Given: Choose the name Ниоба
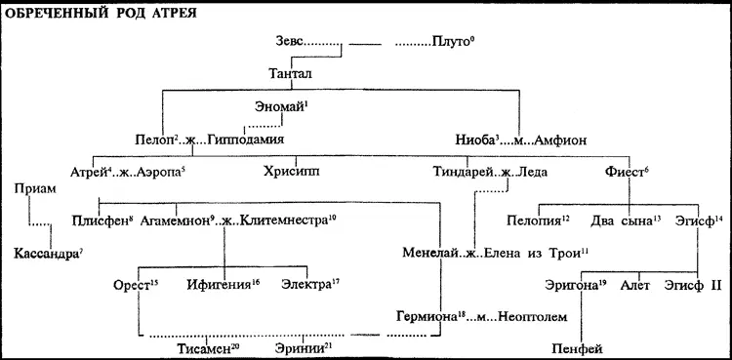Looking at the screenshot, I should (x=475, y=140).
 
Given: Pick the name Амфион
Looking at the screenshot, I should (x=558, y=140).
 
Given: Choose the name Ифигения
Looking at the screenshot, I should (x=224, y=284).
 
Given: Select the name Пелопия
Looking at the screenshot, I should (x=534, y=220).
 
